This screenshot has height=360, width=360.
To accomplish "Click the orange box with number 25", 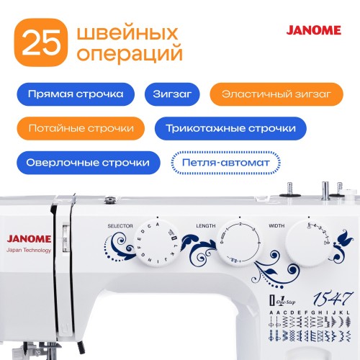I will point(42,45).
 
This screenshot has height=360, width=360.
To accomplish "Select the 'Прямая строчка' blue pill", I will point(74,94).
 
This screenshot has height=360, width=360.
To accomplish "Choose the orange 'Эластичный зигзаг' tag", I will point(272,94).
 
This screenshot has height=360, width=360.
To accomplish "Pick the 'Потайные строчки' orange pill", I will point(80,129).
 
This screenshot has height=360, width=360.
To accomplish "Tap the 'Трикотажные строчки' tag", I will point(230,129).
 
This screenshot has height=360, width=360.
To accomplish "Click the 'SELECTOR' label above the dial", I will point(119,225).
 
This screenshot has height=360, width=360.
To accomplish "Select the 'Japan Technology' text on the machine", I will point(27,251).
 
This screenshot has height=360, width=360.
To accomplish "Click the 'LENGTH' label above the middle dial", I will point(204,225).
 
